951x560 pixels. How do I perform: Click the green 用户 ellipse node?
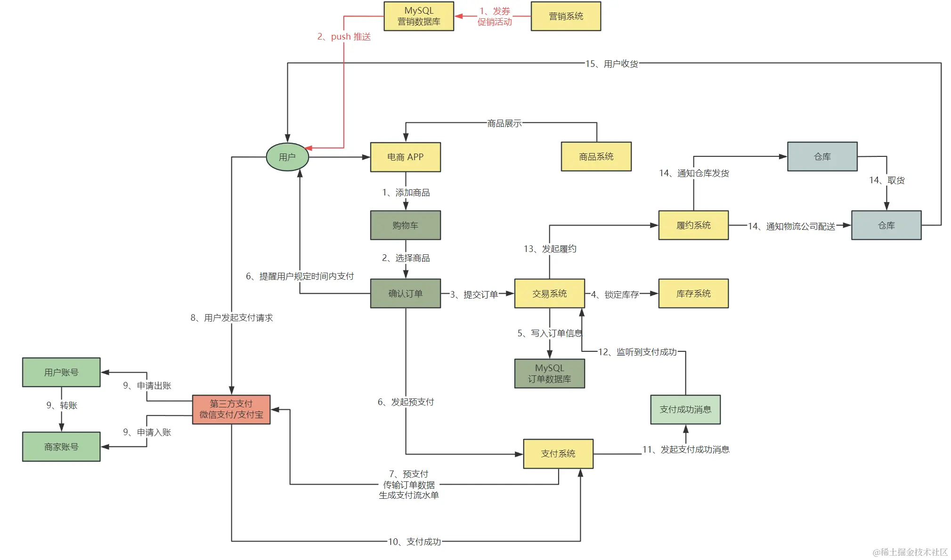(x=287, y=157)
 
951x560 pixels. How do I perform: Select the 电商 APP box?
(x=405, y=157)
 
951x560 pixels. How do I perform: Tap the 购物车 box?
(x=405, y=225)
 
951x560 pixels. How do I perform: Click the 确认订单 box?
(x=405, y=293)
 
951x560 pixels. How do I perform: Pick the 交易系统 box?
(x=549, y=293)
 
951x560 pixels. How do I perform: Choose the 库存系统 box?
(x=693, y=293)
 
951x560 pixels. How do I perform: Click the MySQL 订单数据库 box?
(x=549, y=373)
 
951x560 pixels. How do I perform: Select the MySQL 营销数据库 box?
(x=419, y=16)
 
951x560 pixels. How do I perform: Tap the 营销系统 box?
(x=566, y=16)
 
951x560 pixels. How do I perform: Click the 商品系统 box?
(x=596, y=156)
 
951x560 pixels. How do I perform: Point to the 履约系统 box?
(x=693, y=225)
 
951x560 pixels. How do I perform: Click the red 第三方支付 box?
(x=231, y=409)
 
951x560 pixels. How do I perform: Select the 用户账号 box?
(x=61, y=372)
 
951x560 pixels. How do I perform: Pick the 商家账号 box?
(x=61, y=446)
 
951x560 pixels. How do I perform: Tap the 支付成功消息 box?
(x=685, y=409)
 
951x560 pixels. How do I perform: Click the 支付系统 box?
(x=558, y=454)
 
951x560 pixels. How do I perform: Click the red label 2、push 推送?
(x=344, y=37)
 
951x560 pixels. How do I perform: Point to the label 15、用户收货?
(x=611, y=64)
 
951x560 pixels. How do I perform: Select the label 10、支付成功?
(x=414, y=542)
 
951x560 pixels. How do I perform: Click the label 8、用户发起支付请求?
(x=231, y=318)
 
